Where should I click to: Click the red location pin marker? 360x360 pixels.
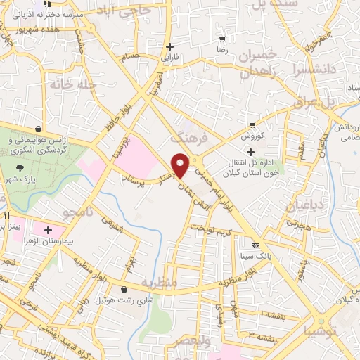coord(181,165)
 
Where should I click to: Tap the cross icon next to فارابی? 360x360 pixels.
coord(169,46)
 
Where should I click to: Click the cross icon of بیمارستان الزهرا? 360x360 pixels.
coord(49,230)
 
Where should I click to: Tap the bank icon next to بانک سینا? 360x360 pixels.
coord(255,246)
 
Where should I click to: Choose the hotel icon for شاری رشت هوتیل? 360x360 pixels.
coord(124,289)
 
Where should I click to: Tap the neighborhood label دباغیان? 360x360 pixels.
coord(304,206)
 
